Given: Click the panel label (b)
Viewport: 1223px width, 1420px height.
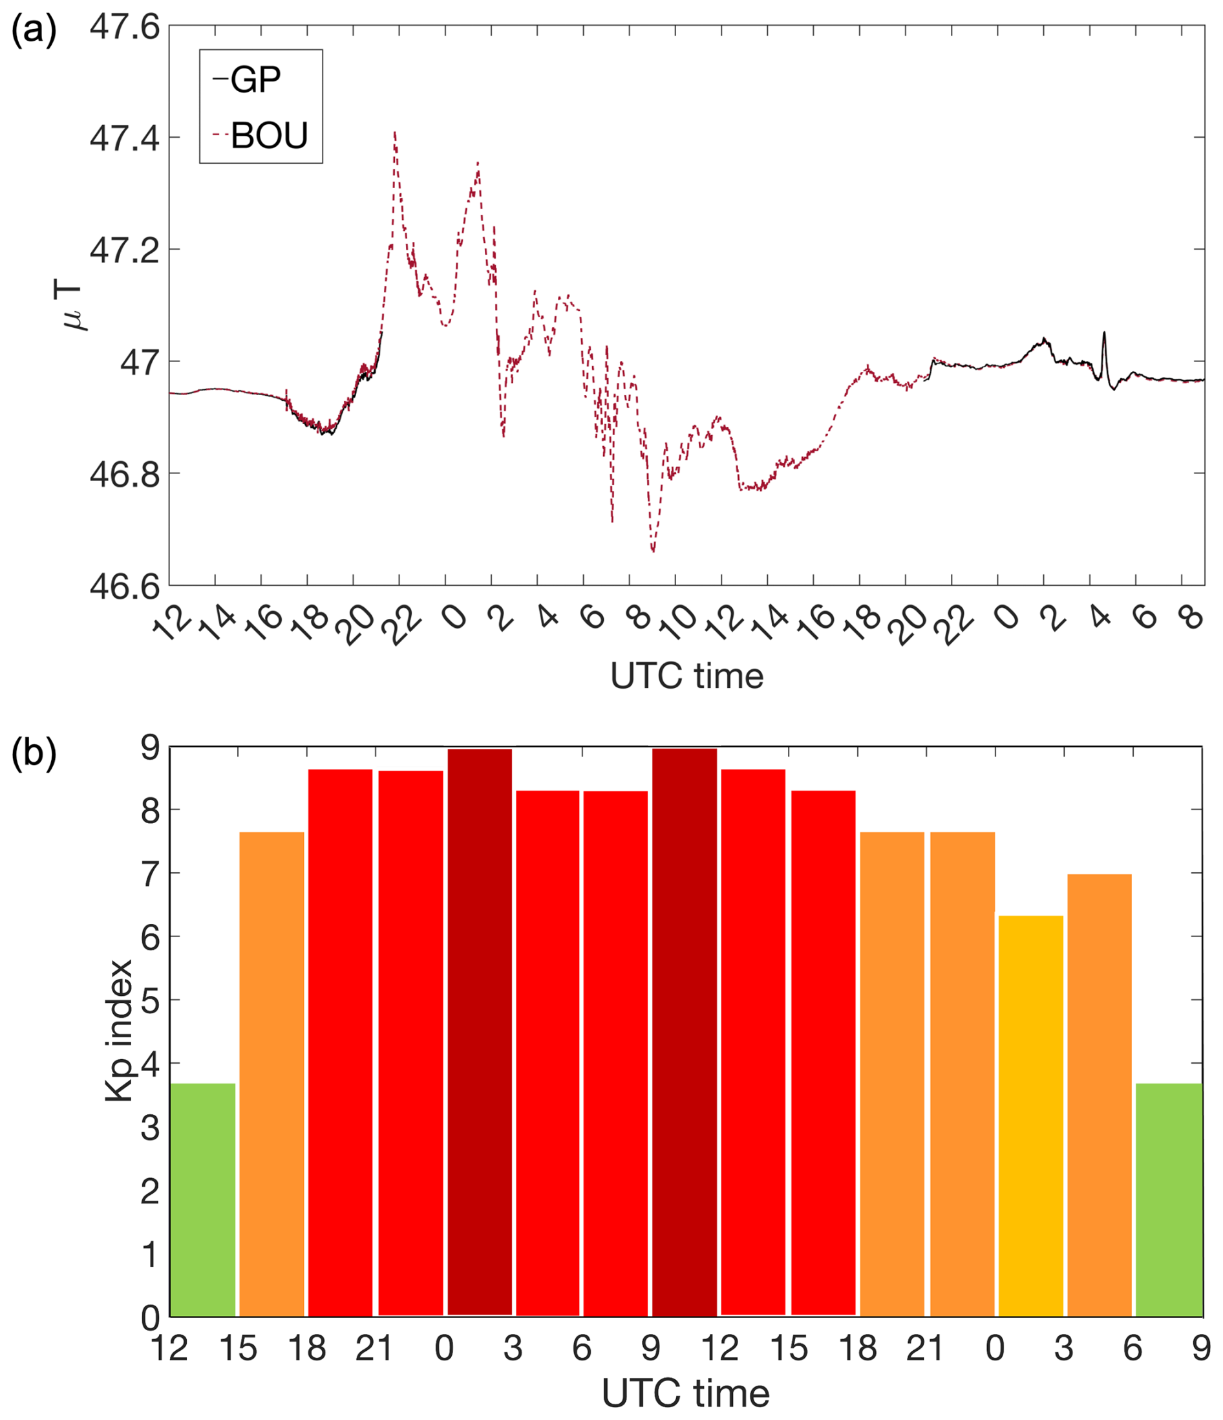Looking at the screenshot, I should click(33, 753).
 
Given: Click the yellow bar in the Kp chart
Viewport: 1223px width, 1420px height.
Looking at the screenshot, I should click(1030, 1117).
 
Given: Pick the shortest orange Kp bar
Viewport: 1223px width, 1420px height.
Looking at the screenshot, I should click(1099, 1097).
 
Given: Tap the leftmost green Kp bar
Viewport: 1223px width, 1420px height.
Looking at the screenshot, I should click(203, 1199).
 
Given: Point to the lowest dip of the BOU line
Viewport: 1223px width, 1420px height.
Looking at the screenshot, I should click(653, 551).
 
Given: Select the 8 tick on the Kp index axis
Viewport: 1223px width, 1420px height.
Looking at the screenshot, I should click(150, 810).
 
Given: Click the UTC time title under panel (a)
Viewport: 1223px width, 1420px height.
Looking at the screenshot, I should click(686, 676).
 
